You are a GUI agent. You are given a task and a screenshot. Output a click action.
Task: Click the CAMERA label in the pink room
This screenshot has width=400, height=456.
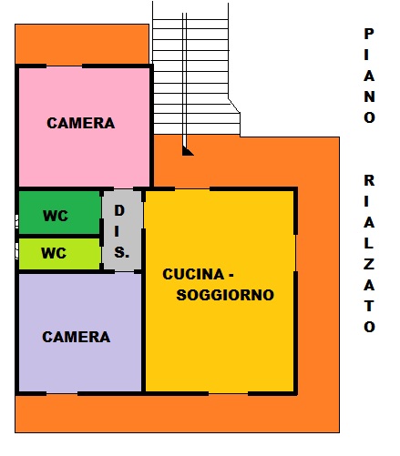[x=81, y=123]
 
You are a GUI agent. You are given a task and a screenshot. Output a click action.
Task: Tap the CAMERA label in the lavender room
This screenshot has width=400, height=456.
[x=77, y=337]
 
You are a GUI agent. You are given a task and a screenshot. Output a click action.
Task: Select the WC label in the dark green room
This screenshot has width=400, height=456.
[x=56, y=216]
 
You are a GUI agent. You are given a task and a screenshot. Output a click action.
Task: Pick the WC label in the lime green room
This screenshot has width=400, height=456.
[x=54, y=253]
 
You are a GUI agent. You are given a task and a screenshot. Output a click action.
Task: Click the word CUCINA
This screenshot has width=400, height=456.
[x=193, y=274]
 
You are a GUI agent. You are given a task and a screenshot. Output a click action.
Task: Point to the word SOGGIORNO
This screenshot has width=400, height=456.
[x=225, y=295]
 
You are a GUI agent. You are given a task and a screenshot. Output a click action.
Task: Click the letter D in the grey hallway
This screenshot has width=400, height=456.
[x=119, y=210]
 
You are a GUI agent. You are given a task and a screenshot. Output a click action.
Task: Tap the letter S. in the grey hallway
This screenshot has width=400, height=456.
[x=121, y=252]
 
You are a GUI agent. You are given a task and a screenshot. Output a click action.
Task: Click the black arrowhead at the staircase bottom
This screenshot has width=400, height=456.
[x=188, y=151]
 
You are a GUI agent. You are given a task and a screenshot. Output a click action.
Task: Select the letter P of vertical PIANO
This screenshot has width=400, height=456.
[x=369, y=34]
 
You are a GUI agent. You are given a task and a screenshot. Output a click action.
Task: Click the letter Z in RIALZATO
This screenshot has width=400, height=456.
[x=369, y=265]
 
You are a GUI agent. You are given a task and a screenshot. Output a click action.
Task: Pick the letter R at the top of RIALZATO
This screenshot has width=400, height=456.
[x=369, y=180]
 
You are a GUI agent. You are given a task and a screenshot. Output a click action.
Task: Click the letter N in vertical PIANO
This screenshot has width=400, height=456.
[x=369, y=96]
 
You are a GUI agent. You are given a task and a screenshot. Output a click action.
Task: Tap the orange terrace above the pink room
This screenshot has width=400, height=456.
[x=82, y=44]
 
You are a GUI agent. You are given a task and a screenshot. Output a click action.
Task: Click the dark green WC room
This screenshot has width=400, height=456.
[x=59, y=212]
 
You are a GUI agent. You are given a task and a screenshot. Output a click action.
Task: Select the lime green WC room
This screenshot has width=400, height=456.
[x=59, y=254]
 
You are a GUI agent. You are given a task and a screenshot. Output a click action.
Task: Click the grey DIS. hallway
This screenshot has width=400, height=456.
[x=122, y=230]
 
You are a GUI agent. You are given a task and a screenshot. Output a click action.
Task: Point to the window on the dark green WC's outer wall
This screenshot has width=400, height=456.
[x=17, y=221]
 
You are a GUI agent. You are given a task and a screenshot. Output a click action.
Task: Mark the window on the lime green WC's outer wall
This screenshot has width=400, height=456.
[x=17, y=252]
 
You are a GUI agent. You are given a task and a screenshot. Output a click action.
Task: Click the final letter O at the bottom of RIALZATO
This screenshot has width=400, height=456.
[x=369, y=327]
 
